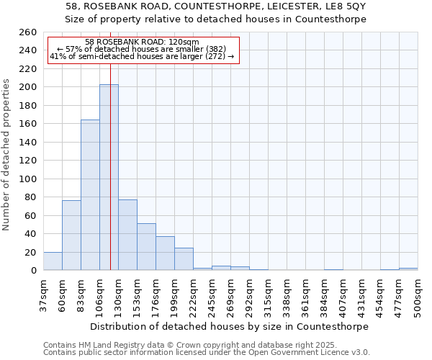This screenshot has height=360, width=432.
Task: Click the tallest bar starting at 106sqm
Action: coord(109,177)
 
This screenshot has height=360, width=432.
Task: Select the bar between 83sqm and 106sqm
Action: coord(90,194)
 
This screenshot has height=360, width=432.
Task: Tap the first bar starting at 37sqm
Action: coord(53,261)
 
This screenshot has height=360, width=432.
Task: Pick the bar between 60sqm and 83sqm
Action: coord(71,235)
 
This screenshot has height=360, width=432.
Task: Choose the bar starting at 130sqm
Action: coord(127,235)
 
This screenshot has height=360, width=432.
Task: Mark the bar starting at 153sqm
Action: coord(146,247)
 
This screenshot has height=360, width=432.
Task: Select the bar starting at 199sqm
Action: coord(184,259)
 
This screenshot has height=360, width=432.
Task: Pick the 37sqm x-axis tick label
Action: coord(43,294)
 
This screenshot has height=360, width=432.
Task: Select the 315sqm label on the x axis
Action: coord(268,294)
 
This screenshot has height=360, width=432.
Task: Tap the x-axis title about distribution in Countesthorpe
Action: coord(230,326)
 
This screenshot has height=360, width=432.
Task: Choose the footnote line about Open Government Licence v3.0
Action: coord(207,352)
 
